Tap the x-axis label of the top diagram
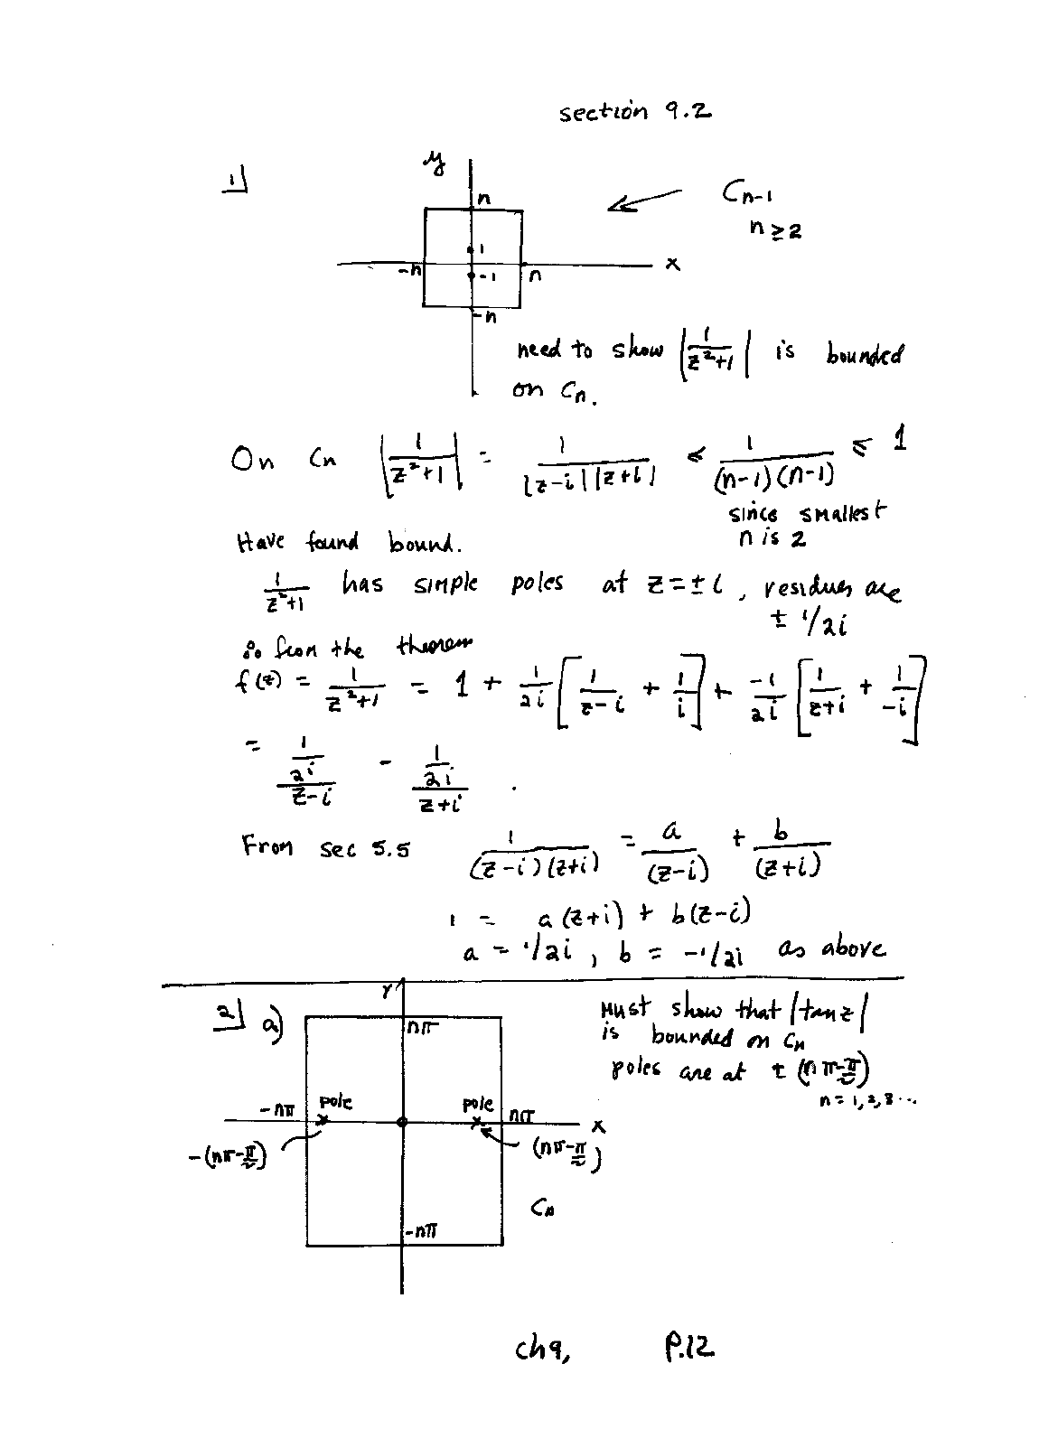(x=671, y=264)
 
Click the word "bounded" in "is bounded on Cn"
(x=863, y=354)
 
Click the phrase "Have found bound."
(x=348, y=543)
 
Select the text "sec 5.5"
(x=364, y=849)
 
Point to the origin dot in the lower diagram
(x=402, y=1122)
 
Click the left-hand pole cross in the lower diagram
(x=323, y=1121)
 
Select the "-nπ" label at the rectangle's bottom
(x=422, y=1231)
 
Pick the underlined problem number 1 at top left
(x=235, y=184)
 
